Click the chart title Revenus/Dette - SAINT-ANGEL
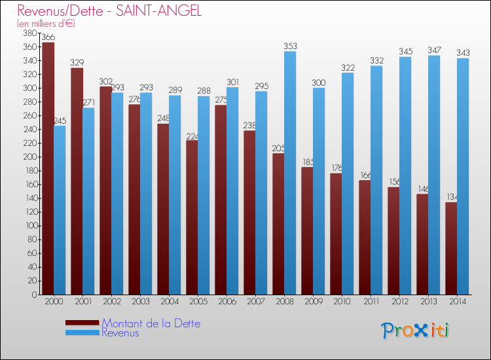(110, 10)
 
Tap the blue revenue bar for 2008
(290, 173)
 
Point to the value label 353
(290, 46)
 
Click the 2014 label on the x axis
(458, 302)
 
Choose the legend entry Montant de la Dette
(151, 323)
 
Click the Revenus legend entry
(120, 333)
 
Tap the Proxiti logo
(416, 331)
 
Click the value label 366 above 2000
(48, 37)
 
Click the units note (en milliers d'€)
(46, 24)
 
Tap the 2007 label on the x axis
(255, 302)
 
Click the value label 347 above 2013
(434, 50)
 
